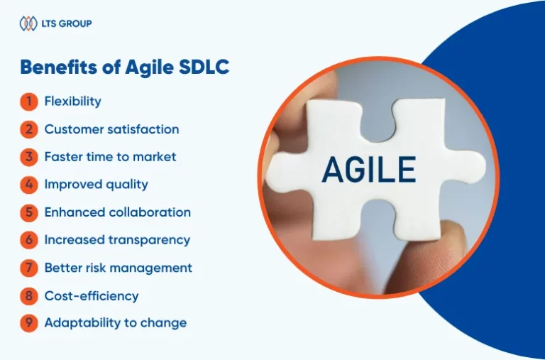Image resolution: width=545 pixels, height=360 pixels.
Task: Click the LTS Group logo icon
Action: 28,23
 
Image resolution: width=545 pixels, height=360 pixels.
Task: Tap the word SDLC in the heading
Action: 204,67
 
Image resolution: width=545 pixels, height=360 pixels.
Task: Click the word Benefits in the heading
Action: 59,67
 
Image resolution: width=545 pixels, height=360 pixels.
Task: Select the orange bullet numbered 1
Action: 29,102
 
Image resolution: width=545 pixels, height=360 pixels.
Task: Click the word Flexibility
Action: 73,102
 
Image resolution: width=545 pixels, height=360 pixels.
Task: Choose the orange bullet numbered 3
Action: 29,157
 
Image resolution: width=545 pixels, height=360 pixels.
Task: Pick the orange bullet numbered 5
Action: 29,212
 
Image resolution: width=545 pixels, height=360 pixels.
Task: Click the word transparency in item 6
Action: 149,240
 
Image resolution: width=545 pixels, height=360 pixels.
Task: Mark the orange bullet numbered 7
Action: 29,268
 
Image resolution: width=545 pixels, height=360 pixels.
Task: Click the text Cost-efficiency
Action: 92,296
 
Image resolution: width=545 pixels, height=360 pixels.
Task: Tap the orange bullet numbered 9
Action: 29,323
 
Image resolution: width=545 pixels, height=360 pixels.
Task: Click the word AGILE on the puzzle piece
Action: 369,170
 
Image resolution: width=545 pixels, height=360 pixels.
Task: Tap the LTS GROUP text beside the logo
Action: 67,23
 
